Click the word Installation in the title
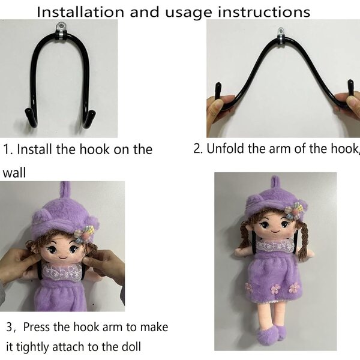pyautogui.click(x=80, y=12)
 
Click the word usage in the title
pyautogui.click(x=188, y=13)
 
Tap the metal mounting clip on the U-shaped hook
pyautogui.click(x=61, y=31)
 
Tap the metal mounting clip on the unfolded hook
pyautogui.click(x=281, y=36)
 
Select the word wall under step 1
pyautogui.click(x=14, y=173)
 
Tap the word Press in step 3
pyautogui.click(x=37, y=327)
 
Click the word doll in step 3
pyautogui.click(x=131, y=347)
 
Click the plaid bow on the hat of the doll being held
pyautogui.click(x=83, y=233)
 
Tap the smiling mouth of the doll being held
pyautogui.click(x=63, y=257)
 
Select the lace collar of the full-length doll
pyautogui.click(x=275, y=245)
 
